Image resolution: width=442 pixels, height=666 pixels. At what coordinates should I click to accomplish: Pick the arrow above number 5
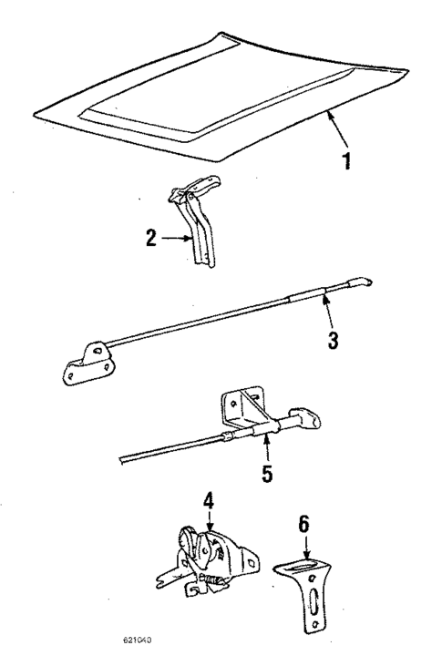pos(266,446)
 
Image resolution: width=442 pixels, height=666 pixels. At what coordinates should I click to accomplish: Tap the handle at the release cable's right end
pos(306,419)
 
